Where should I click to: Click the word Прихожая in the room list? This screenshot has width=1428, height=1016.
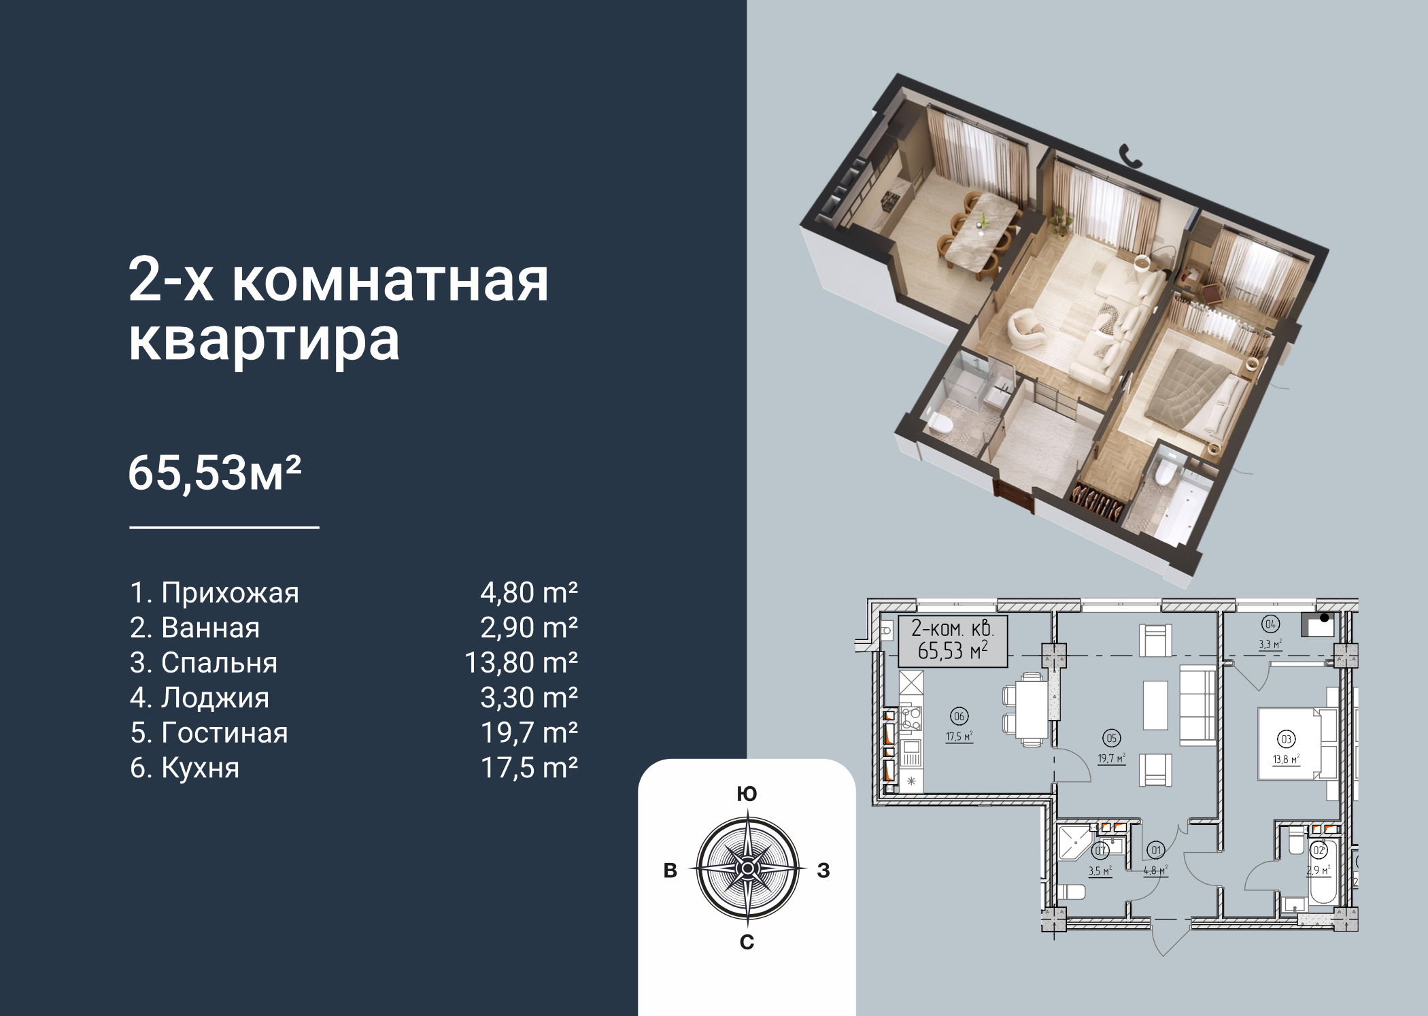230,593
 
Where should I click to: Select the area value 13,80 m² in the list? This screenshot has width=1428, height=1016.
521,662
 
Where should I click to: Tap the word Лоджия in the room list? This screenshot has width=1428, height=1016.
215,698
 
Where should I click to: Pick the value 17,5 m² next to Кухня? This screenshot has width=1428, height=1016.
529,768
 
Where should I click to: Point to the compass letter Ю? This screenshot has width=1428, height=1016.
747,794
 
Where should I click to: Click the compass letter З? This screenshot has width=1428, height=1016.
823,870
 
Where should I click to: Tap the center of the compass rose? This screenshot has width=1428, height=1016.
747,869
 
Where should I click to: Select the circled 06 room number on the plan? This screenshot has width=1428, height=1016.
959,715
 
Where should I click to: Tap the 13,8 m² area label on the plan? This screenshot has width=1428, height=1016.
1287,760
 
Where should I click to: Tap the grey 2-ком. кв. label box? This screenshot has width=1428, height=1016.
952,641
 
